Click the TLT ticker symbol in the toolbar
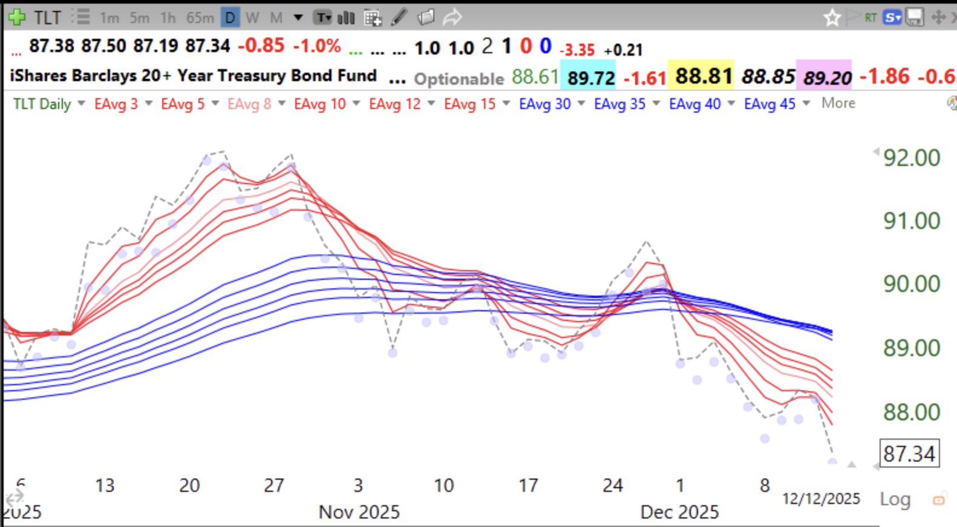[x=47, y=17]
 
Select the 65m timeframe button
[x=200, y=18]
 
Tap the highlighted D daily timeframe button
[x=230, y=18]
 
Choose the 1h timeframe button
[x=168, y=18]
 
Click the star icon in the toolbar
[x=832, y=18]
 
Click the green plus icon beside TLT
[x=16, y=17]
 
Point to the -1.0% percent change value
[x=317, y=46]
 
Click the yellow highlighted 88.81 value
[x=701, y=76]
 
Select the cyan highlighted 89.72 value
[x=590, y=78]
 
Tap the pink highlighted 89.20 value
[x=826, y=78]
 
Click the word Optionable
[x=459, y=79]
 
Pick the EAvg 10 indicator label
[x=320, y=104]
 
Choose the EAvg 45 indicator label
[x=769, y=104]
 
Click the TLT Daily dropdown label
[x=42, y=104]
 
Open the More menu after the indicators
[x=838, y=103]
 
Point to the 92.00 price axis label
[x=911, y=158]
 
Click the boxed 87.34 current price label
[x=909, y=454]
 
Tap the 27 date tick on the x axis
[x=273, y=485]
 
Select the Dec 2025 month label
[x=679, y=512]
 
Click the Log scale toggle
[x=895, y=499]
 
